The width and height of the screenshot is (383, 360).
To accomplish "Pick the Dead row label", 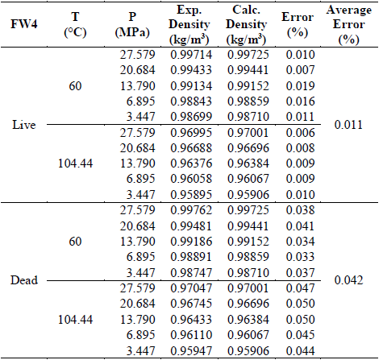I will click(29, 281).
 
